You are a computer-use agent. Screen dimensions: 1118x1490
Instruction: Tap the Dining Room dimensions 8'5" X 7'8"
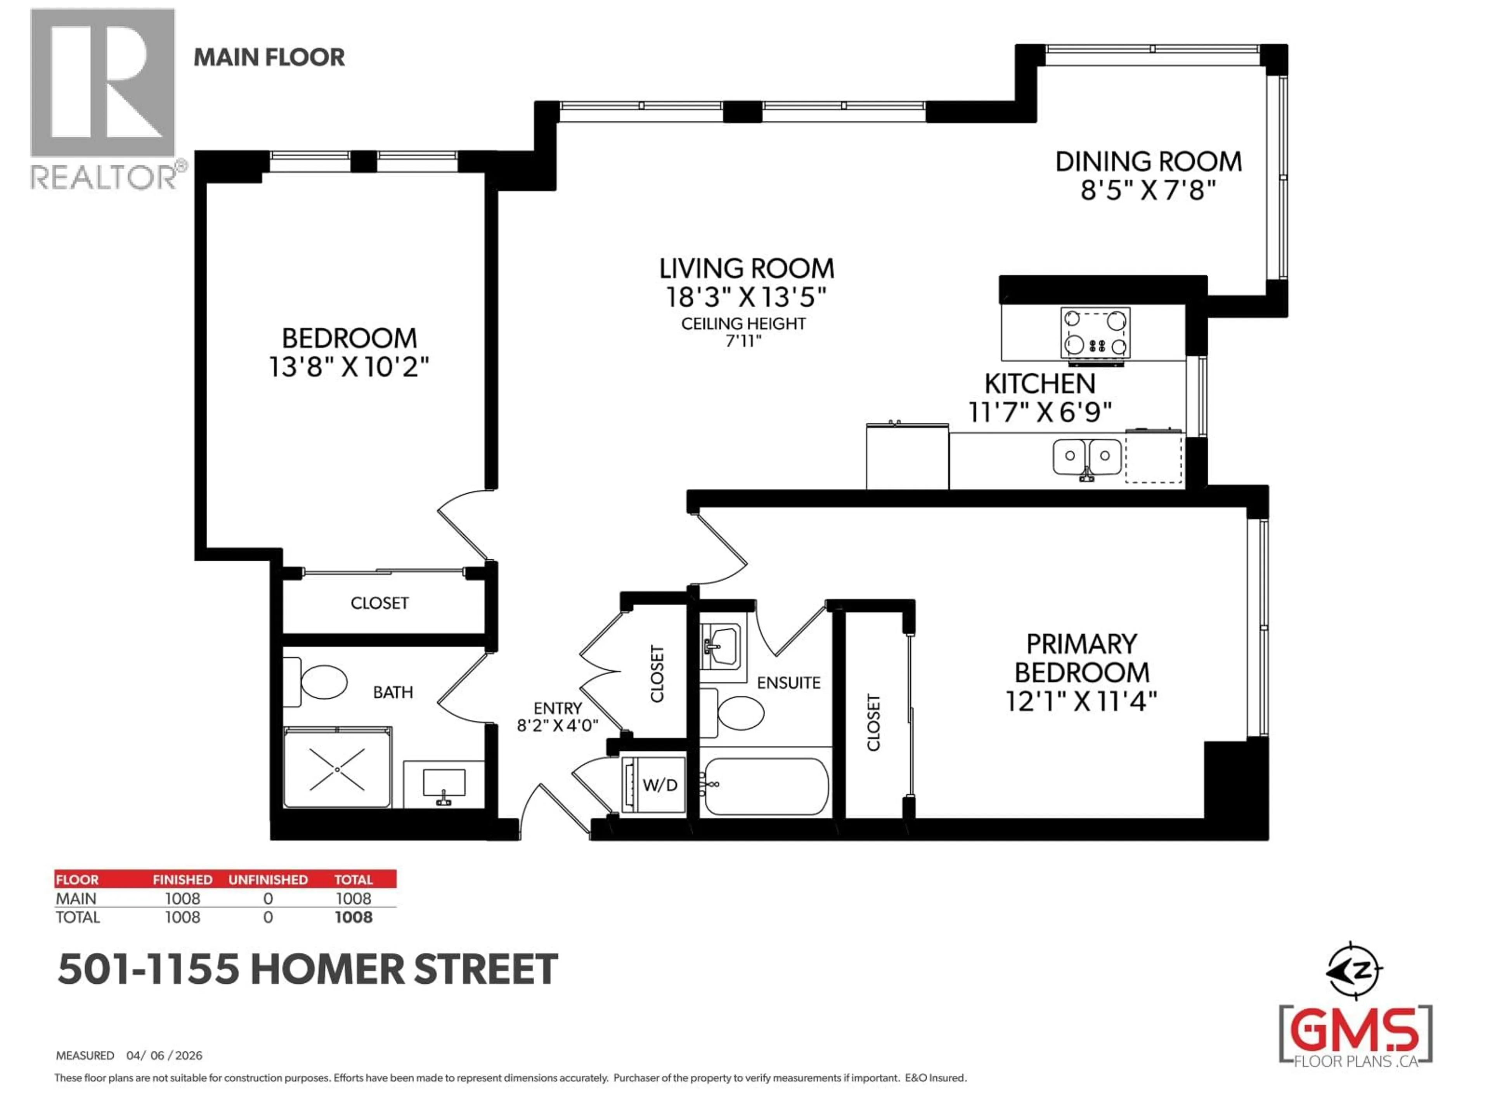click(x=1148, y=191)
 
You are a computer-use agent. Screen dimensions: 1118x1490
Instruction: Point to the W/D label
click(x=660, y=785)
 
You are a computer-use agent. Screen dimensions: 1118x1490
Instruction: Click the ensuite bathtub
click(x=766, y=786)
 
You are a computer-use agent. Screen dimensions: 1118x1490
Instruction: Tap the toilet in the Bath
click(x=322, y=682)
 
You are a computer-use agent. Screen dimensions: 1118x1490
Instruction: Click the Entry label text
click(x=557, y=708)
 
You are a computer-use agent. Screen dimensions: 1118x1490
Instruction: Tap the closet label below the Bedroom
click(x=379, y=603)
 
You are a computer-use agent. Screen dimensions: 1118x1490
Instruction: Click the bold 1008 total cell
click(x=353, y=917)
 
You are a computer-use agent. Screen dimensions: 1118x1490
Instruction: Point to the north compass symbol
click(x=1354, y=971)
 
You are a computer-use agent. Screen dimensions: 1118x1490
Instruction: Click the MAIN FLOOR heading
click(x=269, y=57)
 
